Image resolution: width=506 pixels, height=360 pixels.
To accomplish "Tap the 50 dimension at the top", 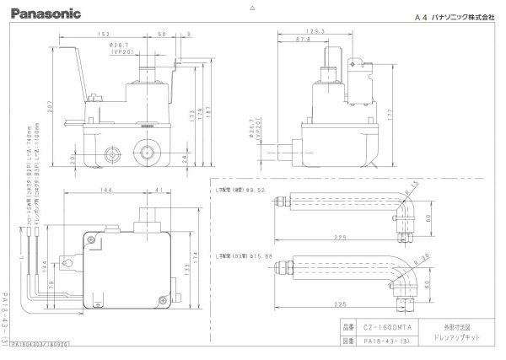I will click(160, 35).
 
